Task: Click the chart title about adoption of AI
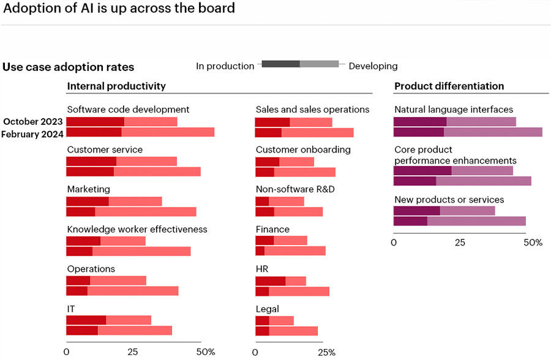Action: pyautogui.click(x=118, y=9)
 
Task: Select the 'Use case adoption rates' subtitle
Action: pyautogui.click(x=68, y=67)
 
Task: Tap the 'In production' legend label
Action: pyautogui.click(x=225, y=66)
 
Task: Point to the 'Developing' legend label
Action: pyautogui.click(x=373, y=66)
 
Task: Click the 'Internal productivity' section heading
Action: pyautogui.click(x=116, y=86)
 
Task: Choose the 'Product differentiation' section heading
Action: pyautogui.click(x=449, y=86)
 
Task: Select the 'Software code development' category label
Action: pyautogui.click(x=128, y=110)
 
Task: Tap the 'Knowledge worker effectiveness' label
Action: pyautogui.click(x=137, y=230)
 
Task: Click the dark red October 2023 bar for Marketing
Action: pyautogui.click(x=88, y=201)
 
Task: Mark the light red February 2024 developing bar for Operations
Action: pyautogui.click(x=133, y=291)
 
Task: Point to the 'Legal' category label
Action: pyautogui.click(x=268, y=309)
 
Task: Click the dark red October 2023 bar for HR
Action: pyautogui.click(x=270, y=281)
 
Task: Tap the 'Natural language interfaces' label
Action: pyautogui.click(x=454, y=110)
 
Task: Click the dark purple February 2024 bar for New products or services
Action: pyautogui.click(x=410, y=221)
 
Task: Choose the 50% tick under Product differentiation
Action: pyautogui.click(x=533, y=242)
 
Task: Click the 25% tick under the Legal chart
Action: pyautogui.click(x=327, y=352)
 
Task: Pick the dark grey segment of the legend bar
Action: pyautogui.click(x=281, y=64)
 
